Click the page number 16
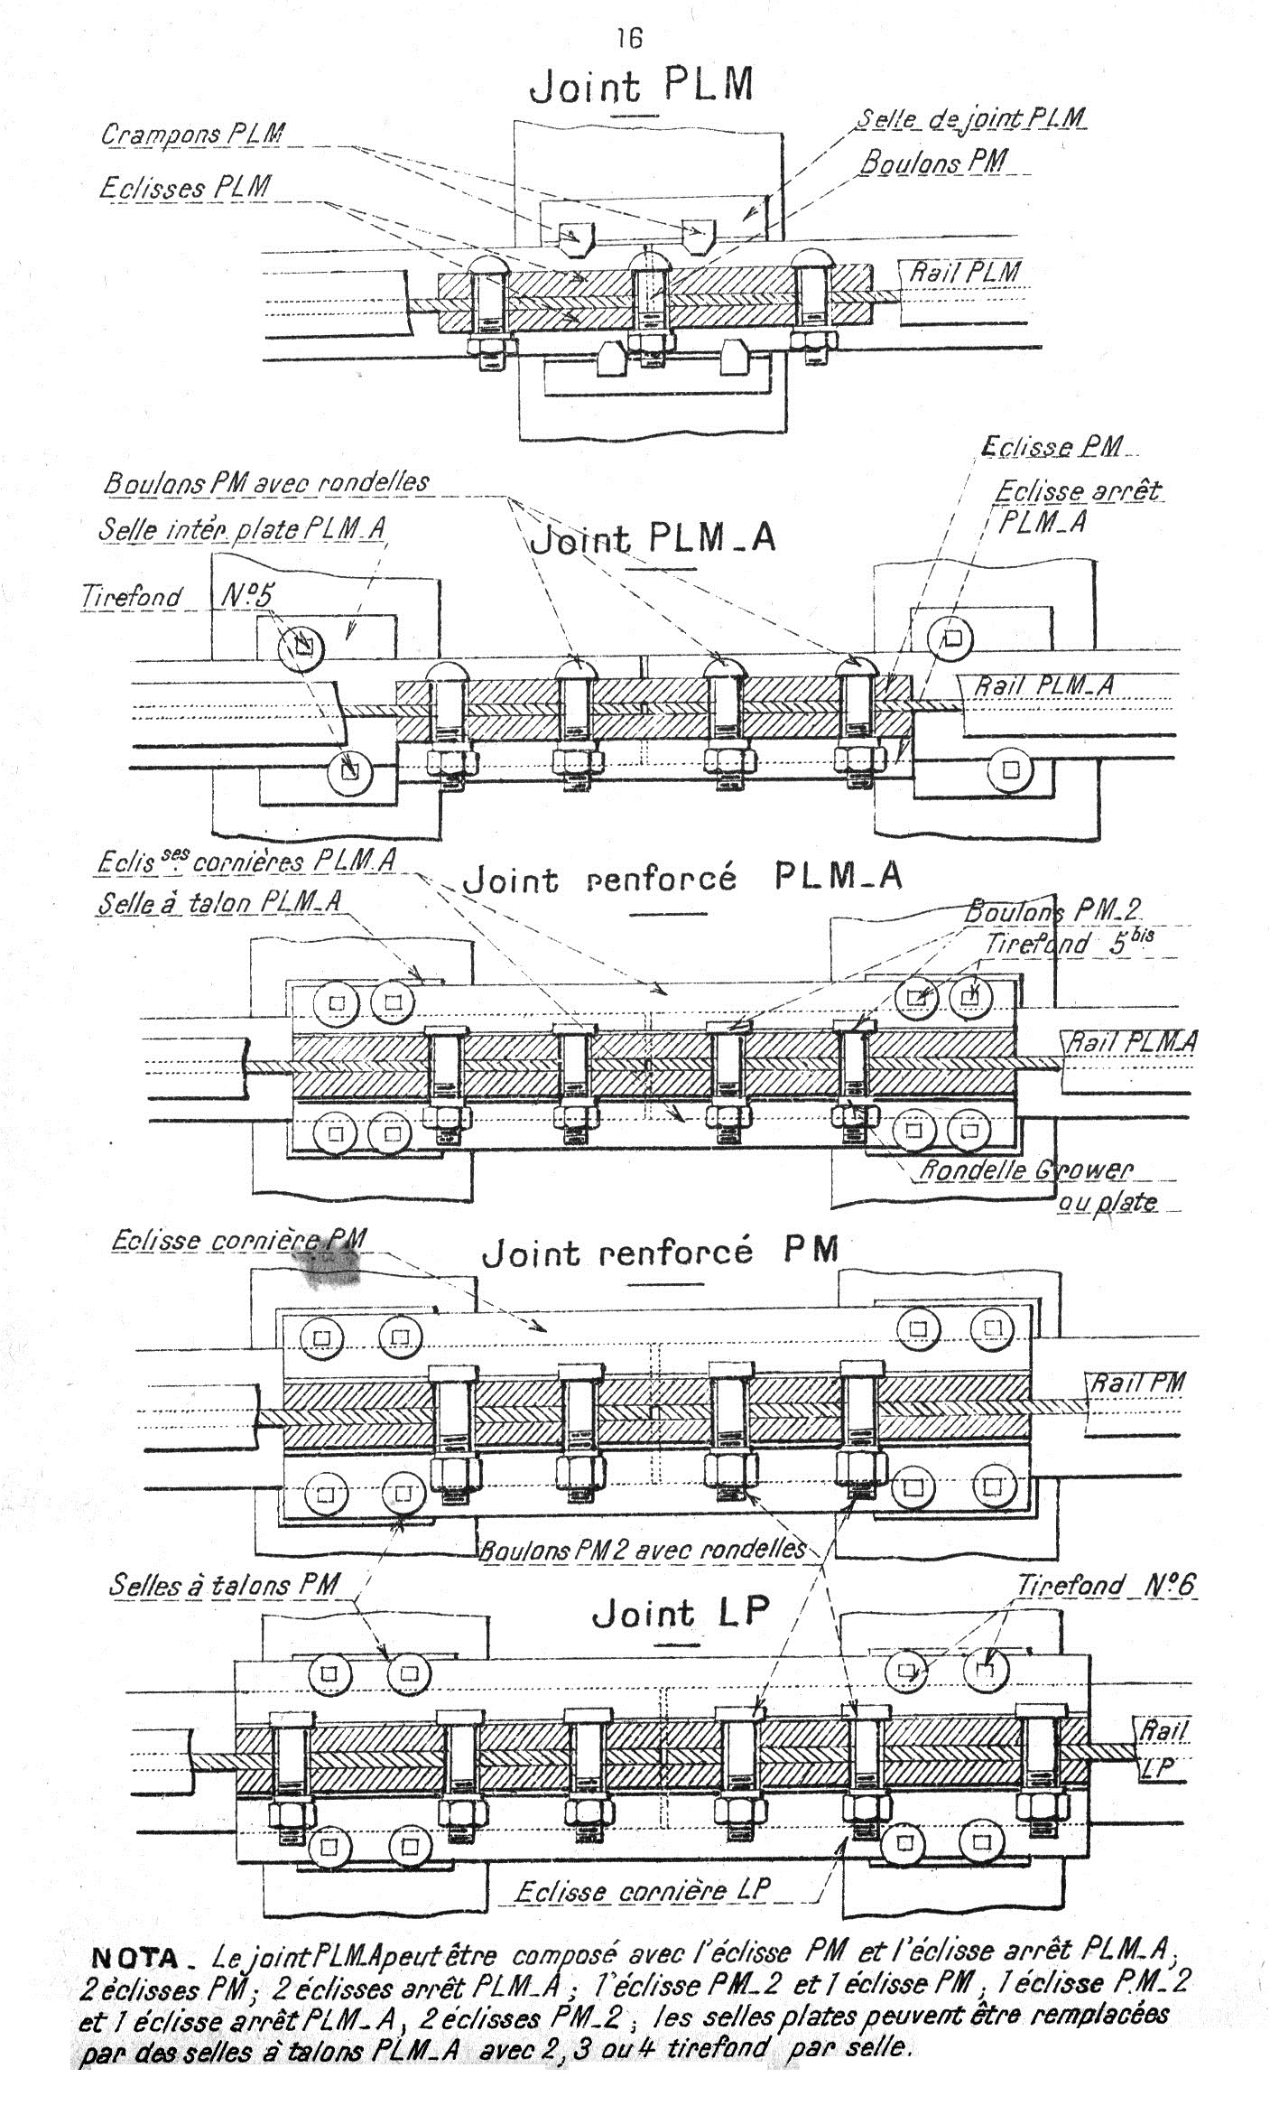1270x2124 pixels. pyautogui.click(x=629, y=38)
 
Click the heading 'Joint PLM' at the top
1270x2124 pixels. pyautogui.click(x=641, y=88)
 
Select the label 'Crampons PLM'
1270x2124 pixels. pyautogui.click(x=191, y=135)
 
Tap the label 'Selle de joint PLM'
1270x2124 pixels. pyautogui.click(x=970, y=119)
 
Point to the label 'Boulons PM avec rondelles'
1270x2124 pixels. pyautogui.click(x=266, y=483)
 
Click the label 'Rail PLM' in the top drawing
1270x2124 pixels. pyautogui.click(x=964, y=271)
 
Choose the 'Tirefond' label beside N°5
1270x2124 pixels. pyautogui.click(x=132, y=597)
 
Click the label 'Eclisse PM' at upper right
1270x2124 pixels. pyautogui.click(x=1051, y=447)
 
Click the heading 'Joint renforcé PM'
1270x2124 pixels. pyautogui.click(x=661, y=1252)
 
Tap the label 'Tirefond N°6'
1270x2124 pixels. pyautogui.click(x=1107, y=1585)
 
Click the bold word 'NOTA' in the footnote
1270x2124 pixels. pyautogui.click(x=135, y=1958)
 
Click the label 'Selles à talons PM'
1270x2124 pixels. pyautogui.click(x=224, y=1585)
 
